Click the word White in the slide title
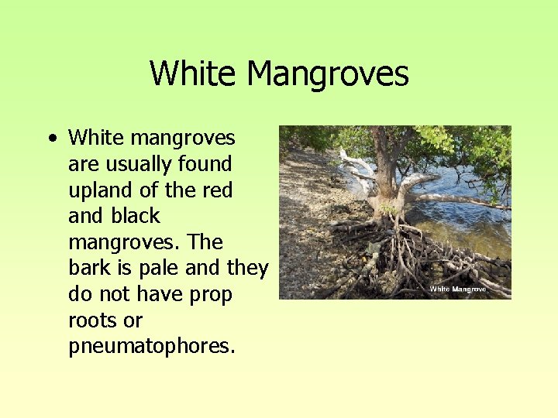click(x=194, y=74)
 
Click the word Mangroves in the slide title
click(x=327, y=74)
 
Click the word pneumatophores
click(x=151, y=347)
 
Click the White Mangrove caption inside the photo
click(x=457, y=289)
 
